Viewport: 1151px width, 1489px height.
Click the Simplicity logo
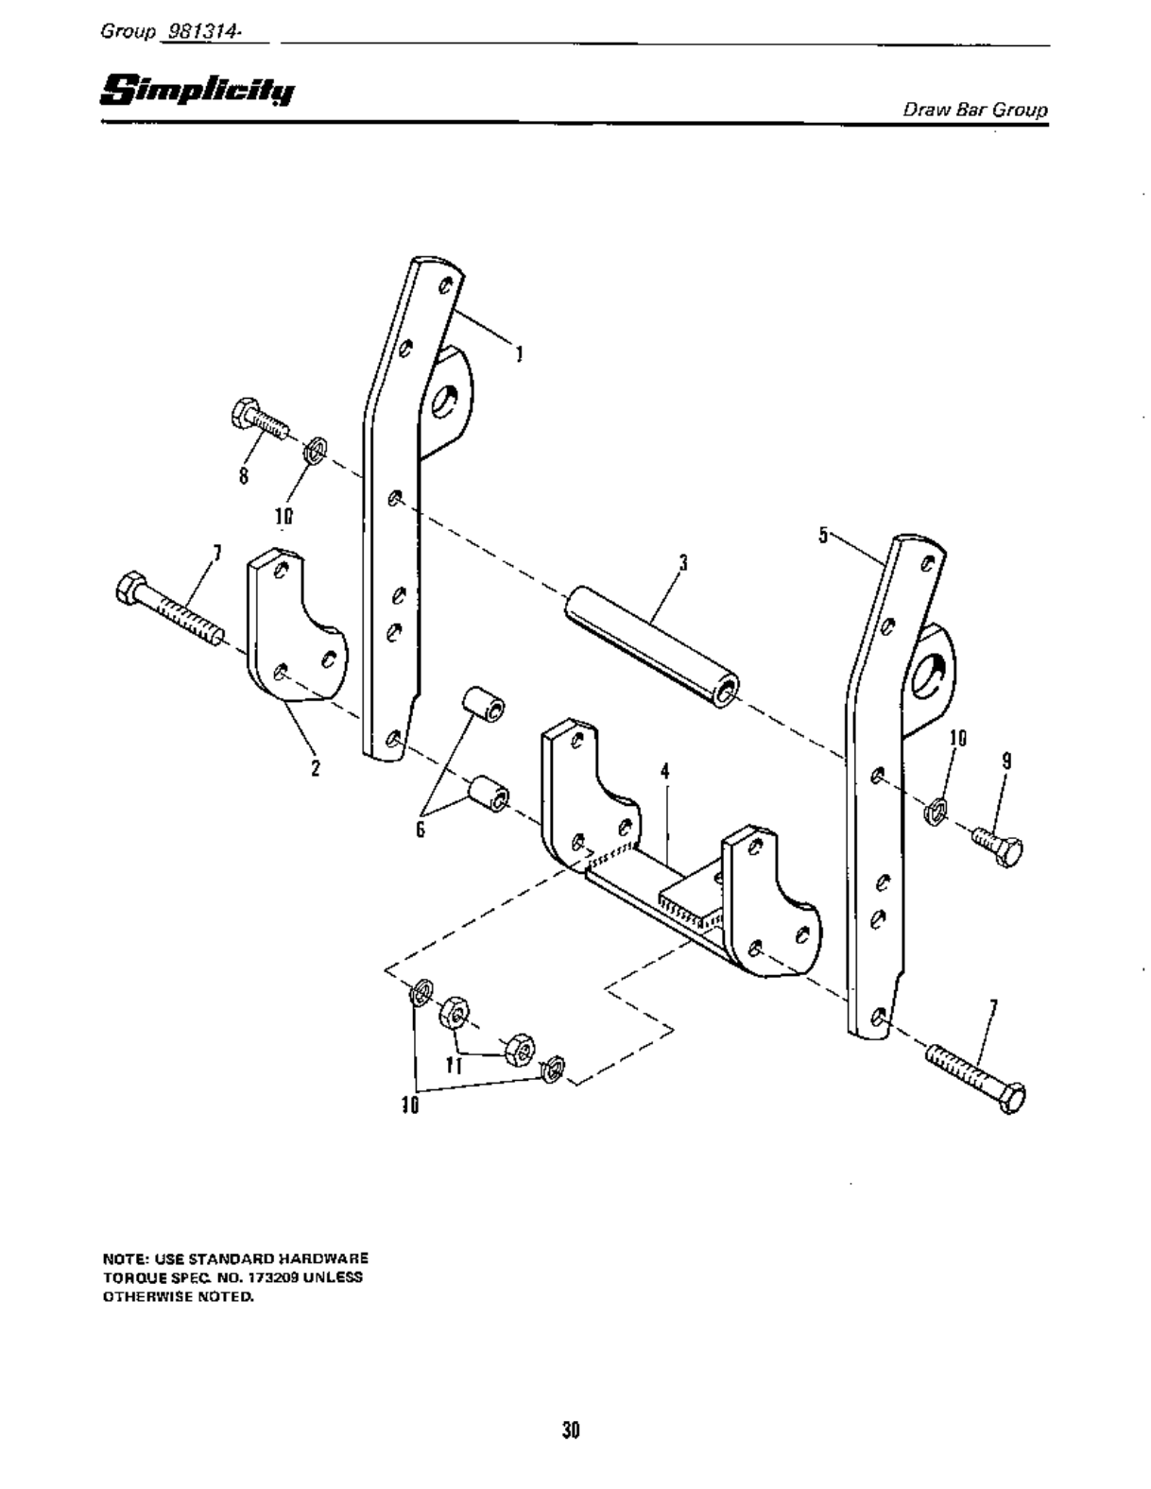(198, 90)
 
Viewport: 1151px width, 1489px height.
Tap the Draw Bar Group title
(975, 109)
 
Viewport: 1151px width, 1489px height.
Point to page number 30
(570, 1429)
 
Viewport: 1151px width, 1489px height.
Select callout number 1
(519, 354)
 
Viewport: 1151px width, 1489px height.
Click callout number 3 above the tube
(682, 564)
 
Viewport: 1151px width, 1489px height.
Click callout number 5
(823, 536)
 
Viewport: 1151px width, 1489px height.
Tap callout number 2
(316, 768)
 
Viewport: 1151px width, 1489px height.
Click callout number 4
(665, 771)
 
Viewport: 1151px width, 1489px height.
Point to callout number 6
(420, 829)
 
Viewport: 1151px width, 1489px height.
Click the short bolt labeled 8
(258, 423)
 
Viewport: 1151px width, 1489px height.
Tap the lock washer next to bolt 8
(317, 448)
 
